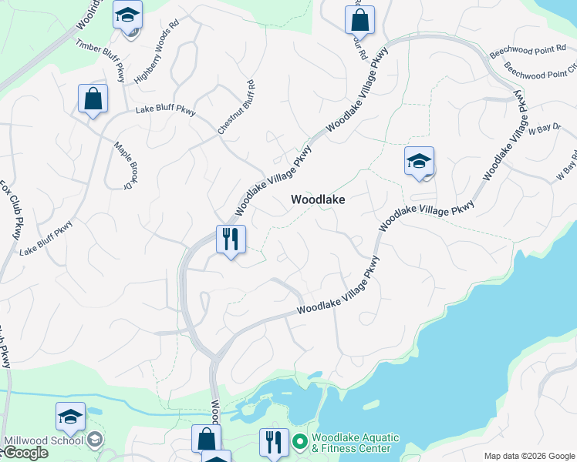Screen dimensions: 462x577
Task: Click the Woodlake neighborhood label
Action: click(317, 199)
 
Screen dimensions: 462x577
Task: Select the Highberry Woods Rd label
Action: click(157, 59)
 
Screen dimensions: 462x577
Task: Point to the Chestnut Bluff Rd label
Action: click(236, 108)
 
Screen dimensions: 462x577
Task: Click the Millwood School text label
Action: click(42, 440)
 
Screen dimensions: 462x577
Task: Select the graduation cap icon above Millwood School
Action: click(70, 417)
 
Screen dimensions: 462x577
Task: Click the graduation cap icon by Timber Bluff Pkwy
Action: click(127, 15)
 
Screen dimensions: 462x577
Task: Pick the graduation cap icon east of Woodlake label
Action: click(419, 161)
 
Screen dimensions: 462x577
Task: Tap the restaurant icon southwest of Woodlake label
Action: click(230, 239)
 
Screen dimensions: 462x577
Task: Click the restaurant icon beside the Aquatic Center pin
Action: click(274, 442)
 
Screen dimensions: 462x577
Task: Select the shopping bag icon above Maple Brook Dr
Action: click(93, 99)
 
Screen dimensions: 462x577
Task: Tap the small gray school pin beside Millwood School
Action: click(94, 440)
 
